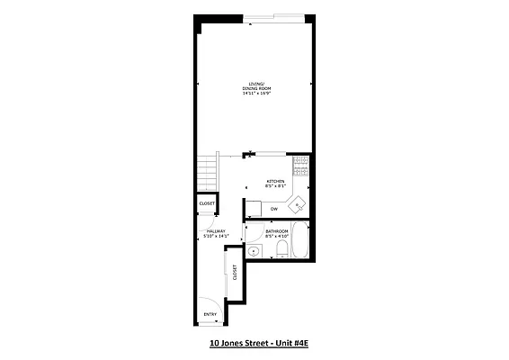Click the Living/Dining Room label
point(254,87)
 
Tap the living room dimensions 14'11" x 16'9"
point(254,94)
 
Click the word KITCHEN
point(274,181)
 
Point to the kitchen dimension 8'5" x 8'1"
point(274,186)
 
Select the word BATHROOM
point(276,230)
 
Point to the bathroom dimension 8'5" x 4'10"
point(276,236)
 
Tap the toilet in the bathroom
point(281,249)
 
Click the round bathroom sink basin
point(254,251)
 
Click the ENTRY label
point(210,314)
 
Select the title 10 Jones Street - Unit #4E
point(254,344)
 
